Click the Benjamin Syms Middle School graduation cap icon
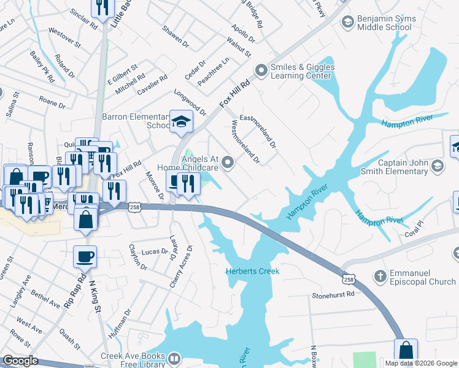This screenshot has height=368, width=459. click(346, 22)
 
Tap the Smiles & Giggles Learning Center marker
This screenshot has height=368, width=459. click(261, 71)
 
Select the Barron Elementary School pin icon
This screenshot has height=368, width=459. click(181, 122)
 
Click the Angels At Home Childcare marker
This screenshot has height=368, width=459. click(228, 163)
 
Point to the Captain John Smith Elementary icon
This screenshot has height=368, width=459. click(437, 166)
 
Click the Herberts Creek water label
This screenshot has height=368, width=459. click(252, 271)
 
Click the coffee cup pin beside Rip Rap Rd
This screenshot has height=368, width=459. click(86, 256)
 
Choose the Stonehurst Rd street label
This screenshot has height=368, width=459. click(333, 294)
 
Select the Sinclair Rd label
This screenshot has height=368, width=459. click(83, 19)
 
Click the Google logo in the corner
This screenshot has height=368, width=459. click(20, 361)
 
